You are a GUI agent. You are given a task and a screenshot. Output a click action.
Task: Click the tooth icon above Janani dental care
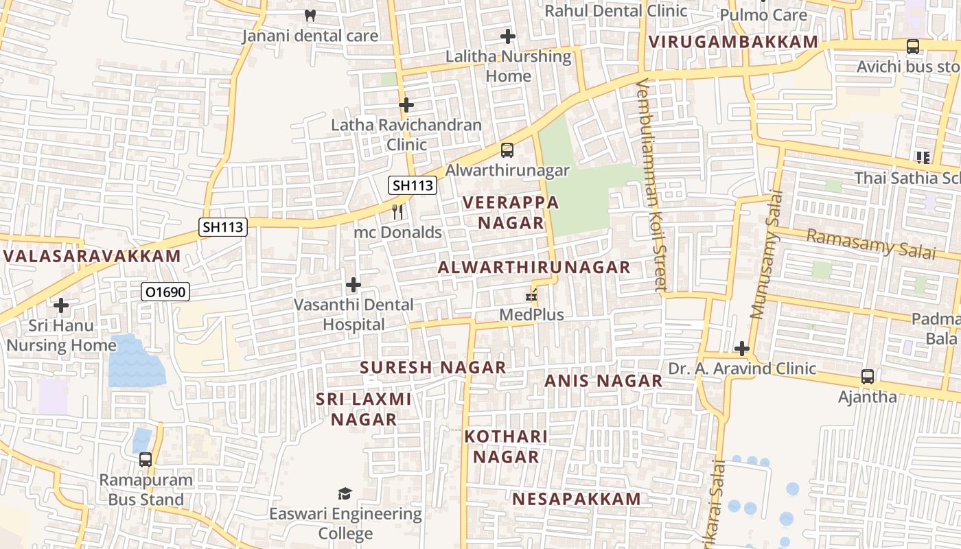[310, 14]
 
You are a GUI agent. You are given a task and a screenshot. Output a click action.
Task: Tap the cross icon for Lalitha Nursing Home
[508, 36]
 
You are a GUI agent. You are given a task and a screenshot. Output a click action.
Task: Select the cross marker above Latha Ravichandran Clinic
[406, 105]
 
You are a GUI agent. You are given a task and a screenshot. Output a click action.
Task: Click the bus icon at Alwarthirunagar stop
[507, 150]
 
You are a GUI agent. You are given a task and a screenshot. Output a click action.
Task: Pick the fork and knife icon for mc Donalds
[397, 212]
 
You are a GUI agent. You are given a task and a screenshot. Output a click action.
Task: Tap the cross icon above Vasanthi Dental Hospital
[354, 284]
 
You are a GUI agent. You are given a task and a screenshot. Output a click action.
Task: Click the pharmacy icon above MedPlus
[531, 296]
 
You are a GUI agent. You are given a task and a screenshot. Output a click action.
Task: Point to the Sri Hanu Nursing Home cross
[61, 305]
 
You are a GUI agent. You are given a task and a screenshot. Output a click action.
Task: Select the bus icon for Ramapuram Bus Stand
[146, 459]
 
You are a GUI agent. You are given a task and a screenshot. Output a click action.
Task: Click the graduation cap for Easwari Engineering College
[345, 493]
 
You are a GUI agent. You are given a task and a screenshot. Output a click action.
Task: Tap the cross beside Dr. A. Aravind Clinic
[742, 349]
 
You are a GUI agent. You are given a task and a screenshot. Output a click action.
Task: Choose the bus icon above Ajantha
[868, 377]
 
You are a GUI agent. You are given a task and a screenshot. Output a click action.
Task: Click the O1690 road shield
[165, 292]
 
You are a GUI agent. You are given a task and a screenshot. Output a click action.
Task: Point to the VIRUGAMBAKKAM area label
[734, 42]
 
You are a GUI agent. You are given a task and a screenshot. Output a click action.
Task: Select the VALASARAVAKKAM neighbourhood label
[92, 257]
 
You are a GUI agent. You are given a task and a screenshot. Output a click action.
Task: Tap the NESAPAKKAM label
[577, 499]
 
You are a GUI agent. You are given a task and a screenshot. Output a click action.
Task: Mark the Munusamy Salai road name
[767, 264]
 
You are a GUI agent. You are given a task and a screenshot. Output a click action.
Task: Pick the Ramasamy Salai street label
[870, 244]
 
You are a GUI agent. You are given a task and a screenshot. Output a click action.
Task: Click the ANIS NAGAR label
[603, 381]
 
